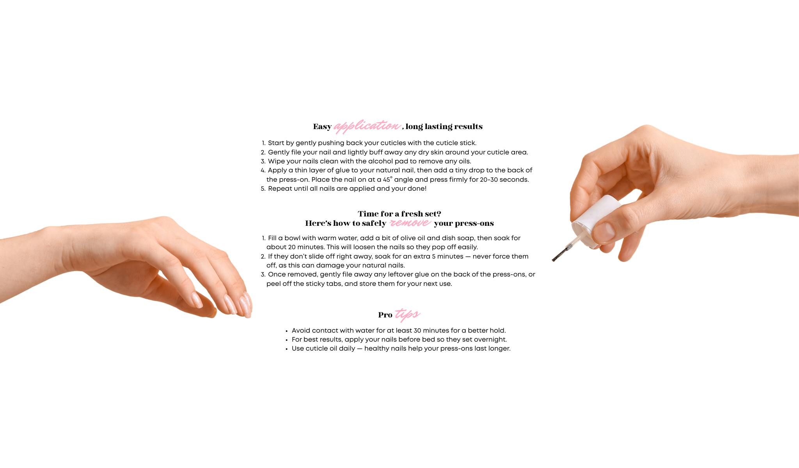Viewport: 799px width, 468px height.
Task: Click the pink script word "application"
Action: point(367,126)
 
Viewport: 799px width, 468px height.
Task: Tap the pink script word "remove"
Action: point(410,223)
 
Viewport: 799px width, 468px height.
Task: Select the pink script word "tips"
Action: point(408,314)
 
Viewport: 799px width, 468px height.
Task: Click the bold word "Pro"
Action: point(385,315)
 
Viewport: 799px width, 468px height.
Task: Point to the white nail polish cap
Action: point(596,221)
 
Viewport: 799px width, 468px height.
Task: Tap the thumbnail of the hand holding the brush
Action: point(604,232)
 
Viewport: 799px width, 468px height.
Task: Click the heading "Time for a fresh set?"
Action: point(399,214)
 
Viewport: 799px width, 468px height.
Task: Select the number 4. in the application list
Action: point(263,170)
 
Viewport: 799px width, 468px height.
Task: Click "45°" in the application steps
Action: point(387,179)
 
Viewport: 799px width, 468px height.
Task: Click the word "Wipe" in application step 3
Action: point(276,161)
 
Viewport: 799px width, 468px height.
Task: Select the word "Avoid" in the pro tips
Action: point(301,330)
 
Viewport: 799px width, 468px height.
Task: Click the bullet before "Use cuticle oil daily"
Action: point(286,349)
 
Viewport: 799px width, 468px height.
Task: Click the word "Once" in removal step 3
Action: point(276,275)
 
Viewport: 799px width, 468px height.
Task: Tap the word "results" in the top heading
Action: point(468,126)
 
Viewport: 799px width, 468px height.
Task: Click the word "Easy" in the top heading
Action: point(322,127)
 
